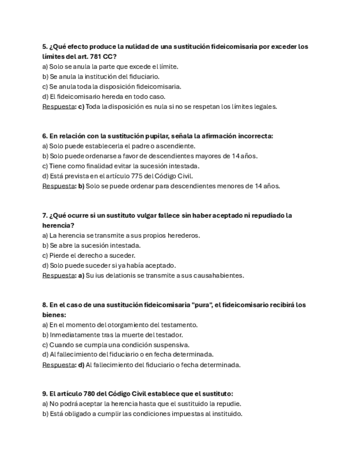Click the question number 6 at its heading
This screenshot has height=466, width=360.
click(x=45, y=136)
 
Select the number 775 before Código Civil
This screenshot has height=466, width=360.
click(x=143, y=176)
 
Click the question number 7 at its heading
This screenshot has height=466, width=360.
click(x=45, y=215)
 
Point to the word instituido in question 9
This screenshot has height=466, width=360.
click(x=225, y=414)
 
